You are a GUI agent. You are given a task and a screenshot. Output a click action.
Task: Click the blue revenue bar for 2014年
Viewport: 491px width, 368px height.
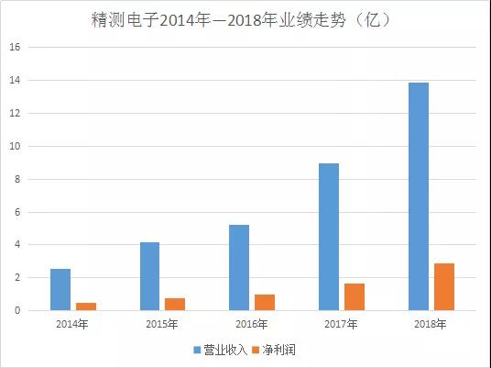pyautogui.click(x=60, y=289)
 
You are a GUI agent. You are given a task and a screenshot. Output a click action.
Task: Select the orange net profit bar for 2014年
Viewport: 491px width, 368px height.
pyautogui.click(x=86, y=307)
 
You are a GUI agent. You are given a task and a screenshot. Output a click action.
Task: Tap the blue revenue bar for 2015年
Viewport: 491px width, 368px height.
pyautogui.click(x=150, y=276)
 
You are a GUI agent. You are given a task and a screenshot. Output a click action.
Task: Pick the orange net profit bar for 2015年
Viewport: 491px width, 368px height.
pyautogui.click(x=175, y=304)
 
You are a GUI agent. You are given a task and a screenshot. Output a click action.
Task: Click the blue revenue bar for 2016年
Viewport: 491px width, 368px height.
pyautogui.click(x=239, y=267)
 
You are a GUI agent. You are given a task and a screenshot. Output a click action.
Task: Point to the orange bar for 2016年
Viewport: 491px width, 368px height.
pyautogui.click(x=265, y=302)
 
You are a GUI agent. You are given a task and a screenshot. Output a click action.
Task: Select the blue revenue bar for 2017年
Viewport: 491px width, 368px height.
pyautogui.click(x=329, y=237)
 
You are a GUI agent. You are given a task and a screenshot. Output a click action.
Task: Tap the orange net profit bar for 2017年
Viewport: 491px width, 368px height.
pyautogui.click(x=355, y=296)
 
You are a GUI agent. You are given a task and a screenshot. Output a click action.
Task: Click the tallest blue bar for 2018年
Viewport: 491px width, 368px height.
pyautogui.click(x=419, y=196)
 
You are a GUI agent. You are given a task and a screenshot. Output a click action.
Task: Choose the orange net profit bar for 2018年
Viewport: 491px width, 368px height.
pyautogui.click(x=444, y=286)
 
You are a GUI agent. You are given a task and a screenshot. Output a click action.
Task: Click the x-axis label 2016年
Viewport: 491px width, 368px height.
pyautogui.click(x=252, y=324)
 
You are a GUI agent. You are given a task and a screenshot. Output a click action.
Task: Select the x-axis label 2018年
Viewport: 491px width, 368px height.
pyautogui.click(x=431, y=324)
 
